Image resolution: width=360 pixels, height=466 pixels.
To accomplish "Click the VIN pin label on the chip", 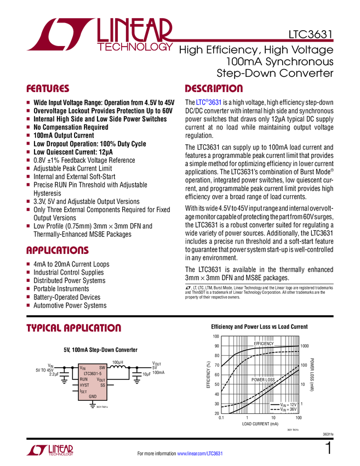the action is [x=83, y=368].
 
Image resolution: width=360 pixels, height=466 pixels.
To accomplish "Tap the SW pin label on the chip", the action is [x=102, y=368].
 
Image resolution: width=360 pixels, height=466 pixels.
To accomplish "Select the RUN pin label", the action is [x=83, y=379].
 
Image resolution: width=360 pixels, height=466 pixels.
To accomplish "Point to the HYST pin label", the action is [x=84, y=385].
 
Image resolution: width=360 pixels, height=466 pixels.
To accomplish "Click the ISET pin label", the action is [x=83, y=391].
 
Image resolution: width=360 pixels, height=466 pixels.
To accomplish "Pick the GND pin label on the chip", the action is [x=93, y=396].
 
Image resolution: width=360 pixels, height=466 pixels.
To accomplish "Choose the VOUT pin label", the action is [x=101, y=379].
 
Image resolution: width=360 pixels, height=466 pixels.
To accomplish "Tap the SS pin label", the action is [x=102, y=385].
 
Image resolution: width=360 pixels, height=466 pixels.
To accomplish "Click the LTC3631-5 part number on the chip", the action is [x=93, y=373].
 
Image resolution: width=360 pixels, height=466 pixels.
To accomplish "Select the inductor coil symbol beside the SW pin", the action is [x=118, y=368].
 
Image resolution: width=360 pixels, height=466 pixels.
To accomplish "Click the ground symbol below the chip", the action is [x=93, y=407].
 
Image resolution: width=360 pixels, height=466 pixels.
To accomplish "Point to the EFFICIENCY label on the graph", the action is [x=264, y=343].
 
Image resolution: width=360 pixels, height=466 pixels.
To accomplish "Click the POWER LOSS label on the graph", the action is [x=264, y=379].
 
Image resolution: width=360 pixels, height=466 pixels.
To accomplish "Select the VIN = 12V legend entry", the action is [x=284, y=404].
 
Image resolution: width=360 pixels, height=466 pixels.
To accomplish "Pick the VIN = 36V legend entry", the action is [x=284, y=410].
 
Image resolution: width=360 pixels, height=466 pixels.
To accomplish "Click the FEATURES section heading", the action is [x=48, y=89].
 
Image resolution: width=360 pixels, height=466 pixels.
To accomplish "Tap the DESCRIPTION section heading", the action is [x=214, y=89].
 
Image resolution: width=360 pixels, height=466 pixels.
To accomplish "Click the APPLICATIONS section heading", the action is [x=57, y=251].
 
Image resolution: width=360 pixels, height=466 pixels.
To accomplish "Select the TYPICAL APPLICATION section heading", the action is [x=73, y=328].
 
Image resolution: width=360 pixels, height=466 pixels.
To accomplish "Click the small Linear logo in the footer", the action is [x=50, y=450].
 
